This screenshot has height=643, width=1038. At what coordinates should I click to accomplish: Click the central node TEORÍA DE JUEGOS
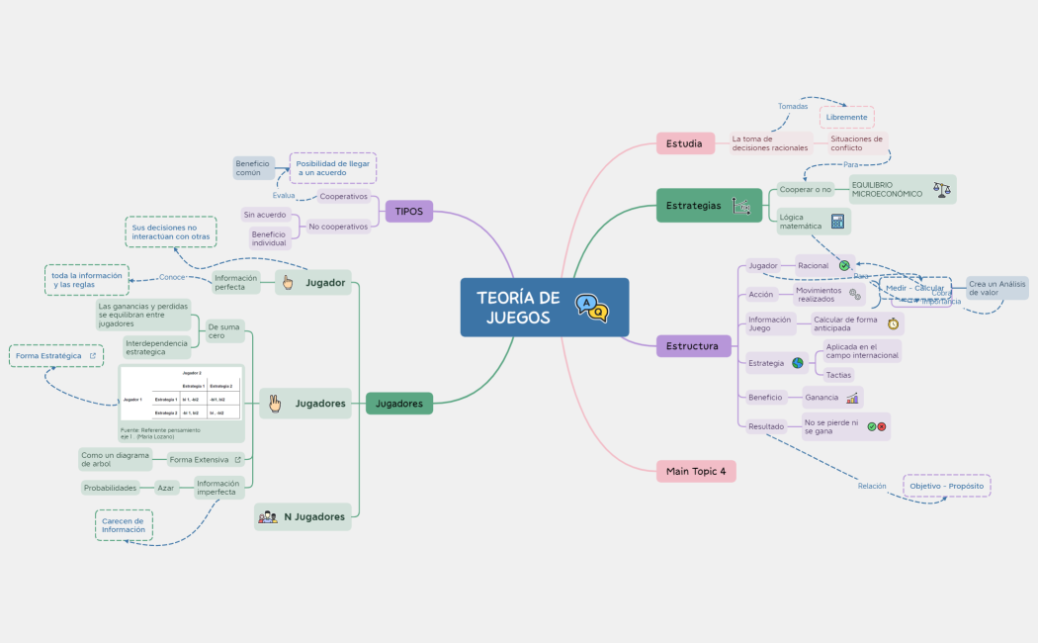[x=518, y=307]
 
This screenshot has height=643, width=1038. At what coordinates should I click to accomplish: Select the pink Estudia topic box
[x=685, y=143]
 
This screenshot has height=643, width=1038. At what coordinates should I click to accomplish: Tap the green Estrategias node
[x=694, y=206]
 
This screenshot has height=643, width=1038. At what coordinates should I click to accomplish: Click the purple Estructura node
[x=693, y=346]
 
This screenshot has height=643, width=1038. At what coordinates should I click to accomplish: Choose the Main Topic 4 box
[x=696, y=472]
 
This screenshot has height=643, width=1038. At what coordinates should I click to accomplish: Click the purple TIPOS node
[x=408, y=211]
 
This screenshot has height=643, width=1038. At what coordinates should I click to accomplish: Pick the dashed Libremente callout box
[x=846, y=117]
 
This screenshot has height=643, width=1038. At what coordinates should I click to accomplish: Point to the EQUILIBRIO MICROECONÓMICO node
[x=887, y=189]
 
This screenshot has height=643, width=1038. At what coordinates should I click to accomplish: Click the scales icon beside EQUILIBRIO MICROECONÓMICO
[x=941, y=188]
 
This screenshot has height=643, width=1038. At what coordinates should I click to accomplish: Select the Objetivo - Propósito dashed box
[x=946, y=486]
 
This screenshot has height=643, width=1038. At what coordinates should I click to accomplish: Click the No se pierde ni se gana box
[x=830, y=426]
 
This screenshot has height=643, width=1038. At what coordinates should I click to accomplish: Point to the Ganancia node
[x=822, y=397]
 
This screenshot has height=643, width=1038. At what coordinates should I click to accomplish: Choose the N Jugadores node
[x=303, y=516]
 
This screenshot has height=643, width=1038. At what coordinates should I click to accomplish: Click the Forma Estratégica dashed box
[x=55, y=355]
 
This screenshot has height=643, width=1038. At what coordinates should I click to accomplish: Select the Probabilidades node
[x=110, y=488]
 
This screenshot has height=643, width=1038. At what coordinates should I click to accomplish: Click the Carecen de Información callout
[x=124, y=525]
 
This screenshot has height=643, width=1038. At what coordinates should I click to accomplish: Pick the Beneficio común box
[x=253, y=167]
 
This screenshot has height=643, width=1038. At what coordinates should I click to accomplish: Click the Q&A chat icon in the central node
[x=592, y=308]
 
